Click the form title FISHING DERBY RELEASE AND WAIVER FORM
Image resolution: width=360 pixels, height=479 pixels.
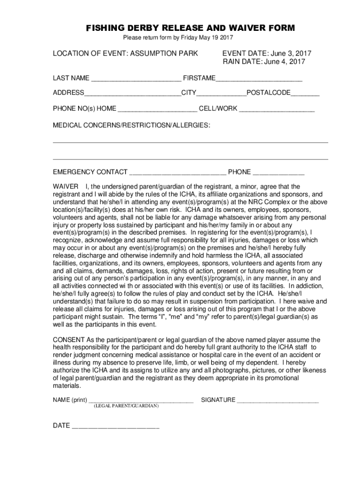pyautogui.click(x=190, y=28)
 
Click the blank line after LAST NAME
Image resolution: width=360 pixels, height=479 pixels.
pyautogui.click(x=137, y=78)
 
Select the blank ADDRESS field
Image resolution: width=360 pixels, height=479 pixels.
pyautogui.click(x=133, y=93)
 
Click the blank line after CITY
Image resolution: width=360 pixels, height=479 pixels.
pyautogui.click(x=222, y=93)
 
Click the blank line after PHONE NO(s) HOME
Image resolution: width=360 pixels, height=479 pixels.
pyautogui.click(x=158, y=109)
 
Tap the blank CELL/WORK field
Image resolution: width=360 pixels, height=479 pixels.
pyautogui.click(x=277, y=109)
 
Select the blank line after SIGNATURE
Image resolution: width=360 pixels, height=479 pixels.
pyautogui.click(x=278, y=400)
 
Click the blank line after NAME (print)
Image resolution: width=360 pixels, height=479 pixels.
pyautogui.click(x=141, y=400)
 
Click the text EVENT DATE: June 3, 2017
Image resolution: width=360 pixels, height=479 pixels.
pyautogui.click(x=267, y=53)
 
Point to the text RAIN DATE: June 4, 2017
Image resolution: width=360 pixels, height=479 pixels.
pyautogui.click(x=264, y=62)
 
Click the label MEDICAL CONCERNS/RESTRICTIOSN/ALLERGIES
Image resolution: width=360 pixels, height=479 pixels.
pyautogui.click(x=131, y=126)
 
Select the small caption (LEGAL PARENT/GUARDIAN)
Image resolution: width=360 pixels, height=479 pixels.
pyautogui.click(x=126, y=406)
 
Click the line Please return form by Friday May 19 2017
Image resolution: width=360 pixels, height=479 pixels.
pyautogui.click(x=178, y=37)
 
